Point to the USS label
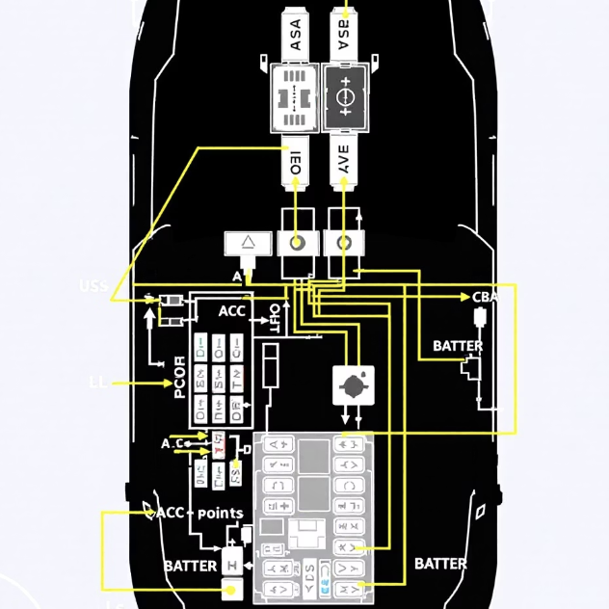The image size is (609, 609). click(x=93, y=286)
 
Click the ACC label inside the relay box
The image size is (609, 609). click(x=232, y=311)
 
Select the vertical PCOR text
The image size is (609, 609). click(x=180, y=380)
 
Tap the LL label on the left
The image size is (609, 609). click(x=98, y=384)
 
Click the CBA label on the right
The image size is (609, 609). click(x=485, y=297)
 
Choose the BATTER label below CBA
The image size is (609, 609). click(x=458, y=346)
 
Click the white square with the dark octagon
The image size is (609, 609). click(x=352, y=384)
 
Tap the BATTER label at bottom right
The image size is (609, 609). click(x=440, y=564)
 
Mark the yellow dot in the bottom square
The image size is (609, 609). click(x=230, y=587)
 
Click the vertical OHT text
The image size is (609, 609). click(x=275, y=318)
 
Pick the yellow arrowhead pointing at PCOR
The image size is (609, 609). click(x=167, y=384)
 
